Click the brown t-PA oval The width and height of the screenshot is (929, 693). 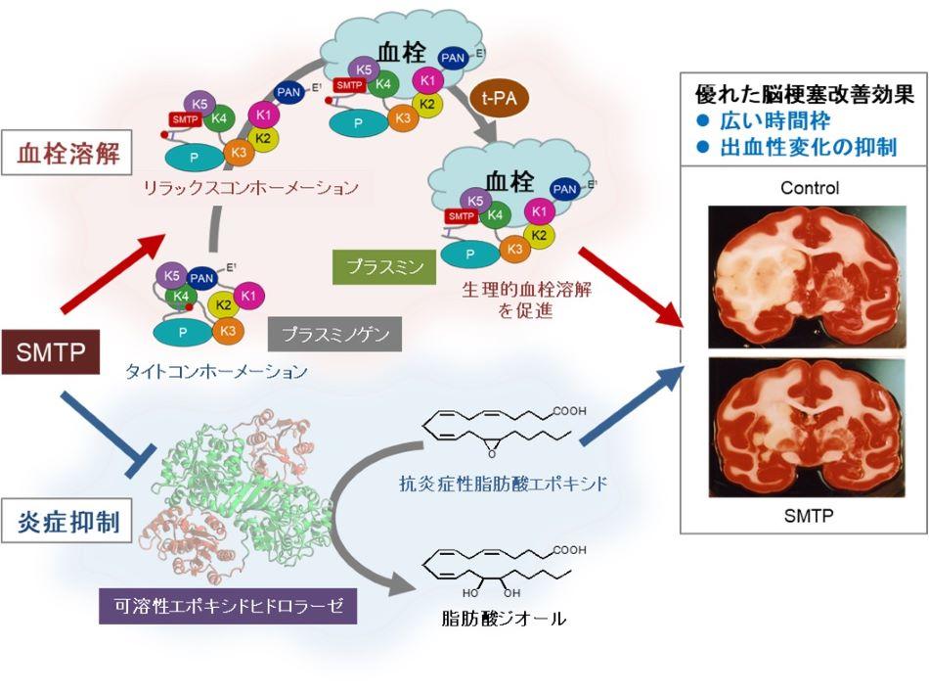tap(502, 98)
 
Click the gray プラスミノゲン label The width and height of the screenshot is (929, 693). tap(335, 335)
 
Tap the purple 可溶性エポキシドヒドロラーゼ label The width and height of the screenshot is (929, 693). tap(227, 605)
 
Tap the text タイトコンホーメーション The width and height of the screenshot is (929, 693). tap(217, 372)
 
